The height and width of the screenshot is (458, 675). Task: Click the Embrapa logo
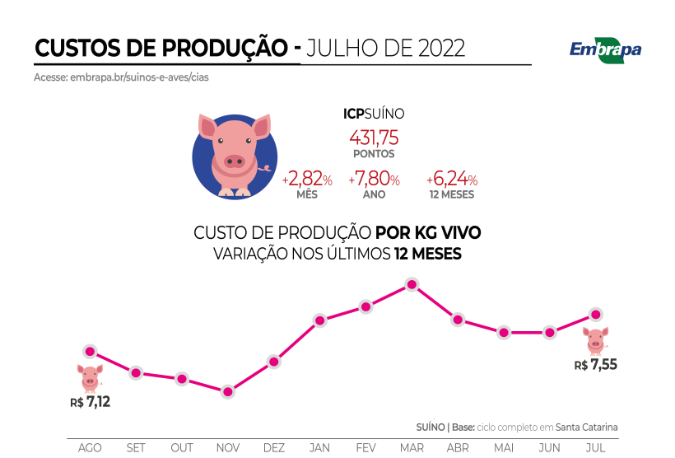[x=605, y=49]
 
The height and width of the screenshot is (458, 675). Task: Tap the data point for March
[x=412, y=285]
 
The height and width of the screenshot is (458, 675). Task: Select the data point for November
[x=228, y=392]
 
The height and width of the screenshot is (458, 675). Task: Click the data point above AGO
[x=90, y=352]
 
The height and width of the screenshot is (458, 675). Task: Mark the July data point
[x=596, y=314]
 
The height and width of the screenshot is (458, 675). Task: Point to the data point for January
[x=320, y=320]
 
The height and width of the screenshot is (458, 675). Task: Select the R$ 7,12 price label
[x=91, y=402]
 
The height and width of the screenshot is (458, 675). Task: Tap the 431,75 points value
[x=374, y=138]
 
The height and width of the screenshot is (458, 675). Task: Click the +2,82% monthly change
[x=307, y=180]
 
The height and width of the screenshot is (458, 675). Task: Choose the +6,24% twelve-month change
[x=452, y=180]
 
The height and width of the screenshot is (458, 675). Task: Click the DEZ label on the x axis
[x=274, y=447]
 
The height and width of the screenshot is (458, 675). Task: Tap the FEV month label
[x=366, y=447]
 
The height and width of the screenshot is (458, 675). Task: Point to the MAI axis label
[x=504, y=447]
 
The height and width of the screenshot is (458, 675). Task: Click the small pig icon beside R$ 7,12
[x=90, y=377]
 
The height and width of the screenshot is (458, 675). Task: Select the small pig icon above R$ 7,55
[x=595, y=339]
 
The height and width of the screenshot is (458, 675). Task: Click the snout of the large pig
[x=235, y=160]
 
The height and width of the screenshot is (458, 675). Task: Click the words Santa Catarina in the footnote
[x=586, y=427]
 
